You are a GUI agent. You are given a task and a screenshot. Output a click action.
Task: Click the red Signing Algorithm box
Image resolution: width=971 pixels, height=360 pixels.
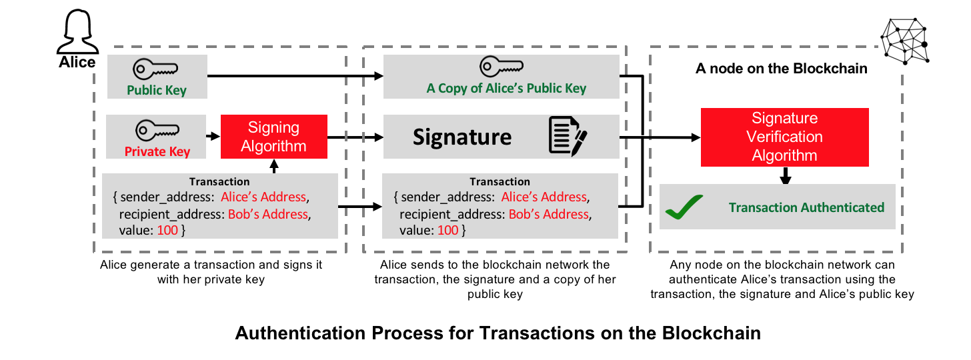[274, 137]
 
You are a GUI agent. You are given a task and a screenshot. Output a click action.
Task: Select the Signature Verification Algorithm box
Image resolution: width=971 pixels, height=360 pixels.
[785, 137]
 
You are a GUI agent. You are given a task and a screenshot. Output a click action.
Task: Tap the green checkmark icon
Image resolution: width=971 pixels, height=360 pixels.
[684, 208]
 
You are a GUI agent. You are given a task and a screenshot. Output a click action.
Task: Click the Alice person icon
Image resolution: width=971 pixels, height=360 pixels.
[75, 33]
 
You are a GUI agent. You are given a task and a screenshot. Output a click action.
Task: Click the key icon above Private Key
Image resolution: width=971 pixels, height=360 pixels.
[157, 129]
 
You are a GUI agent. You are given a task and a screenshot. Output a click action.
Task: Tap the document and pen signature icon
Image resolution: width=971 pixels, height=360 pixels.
[568, 136]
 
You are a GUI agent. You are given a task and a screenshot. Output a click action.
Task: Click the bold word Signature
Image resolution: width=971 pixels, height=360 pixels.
[462, 137]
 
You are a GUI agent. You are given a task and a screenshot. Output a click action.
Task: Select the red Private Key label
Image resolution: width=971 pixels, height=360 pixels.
[157, 151]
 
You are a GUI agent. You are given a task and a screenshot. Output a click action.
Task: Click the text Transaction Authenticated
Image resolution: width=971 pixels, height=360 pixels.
[806, 207]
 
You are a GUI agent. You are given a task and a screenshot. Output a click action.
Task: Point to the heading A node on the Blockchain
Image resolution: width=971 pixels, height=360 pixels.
[781, 68]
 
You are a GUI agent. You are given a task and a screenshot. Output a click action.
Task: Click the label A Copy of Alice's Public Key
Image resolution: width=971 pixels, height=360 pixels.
[506, 89]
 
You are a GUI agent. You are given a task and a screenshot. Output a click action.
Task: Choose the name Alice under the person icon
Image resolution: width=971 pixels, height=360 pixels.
[77, 63]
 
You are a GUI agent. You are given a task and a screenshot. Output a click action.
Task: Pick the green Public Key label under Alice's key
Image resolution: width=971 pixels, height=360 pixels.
[157, 90]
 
